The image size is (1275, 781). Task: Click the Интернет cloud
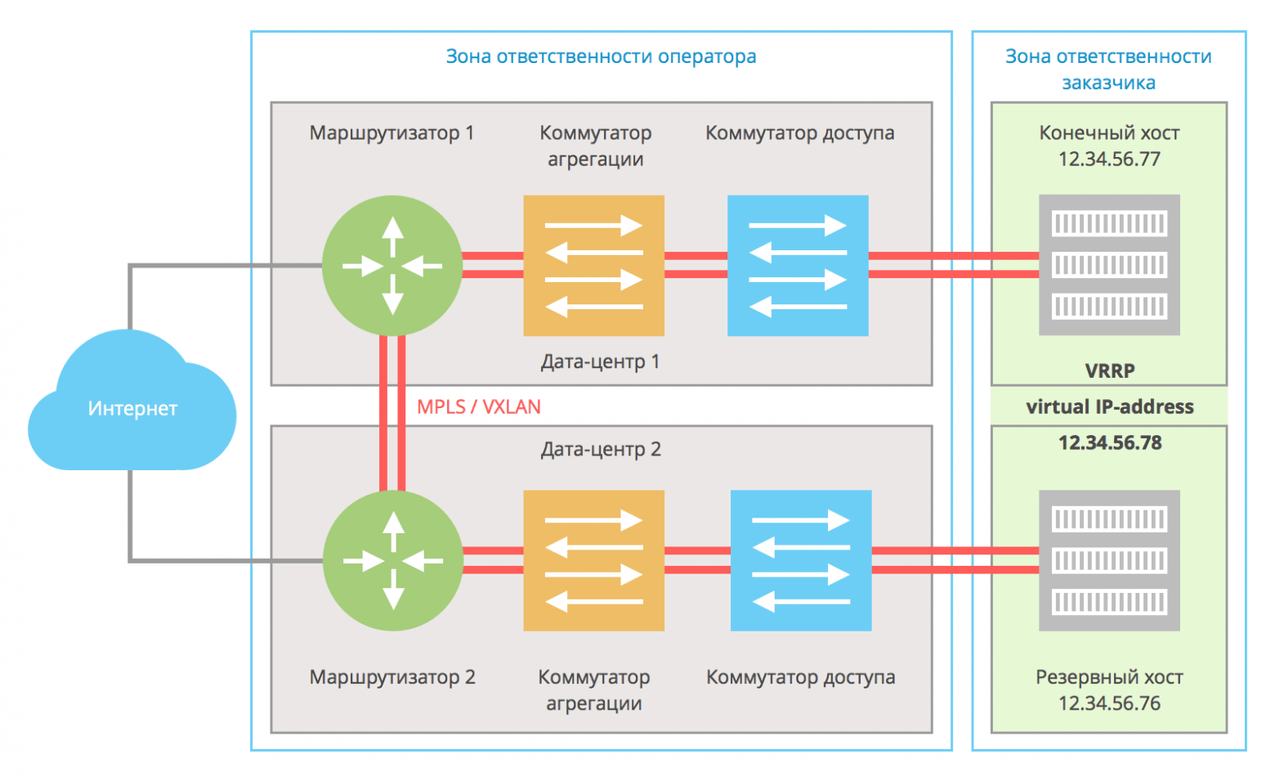click(132, 409)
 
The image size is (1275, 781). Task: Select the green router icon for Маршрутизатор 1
click(392, 266)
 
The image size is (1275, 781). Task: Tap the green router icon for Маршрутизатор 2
click(393, 561)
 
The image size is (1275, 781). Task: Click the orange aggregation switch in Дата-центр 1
click(593, 266)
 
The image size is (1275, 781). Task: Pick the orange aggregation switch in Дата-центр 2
click(593, 561)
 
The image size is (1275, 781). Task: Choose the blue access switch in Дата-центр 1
click(798, 266)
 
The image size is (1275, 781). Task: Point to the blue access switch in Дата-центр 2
click(801, 561)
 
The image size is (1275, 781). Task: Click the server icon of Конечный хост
click(1109, 265)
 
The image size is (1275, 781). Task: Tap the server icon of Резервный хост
click(1109, 561)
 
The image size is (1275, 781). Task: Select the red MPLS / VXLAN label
click(479, 406)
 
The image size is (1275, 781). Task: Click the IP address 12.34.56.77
click(1109, 159)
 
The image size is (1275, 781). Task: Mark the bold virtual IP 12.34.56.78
click(1109, 443)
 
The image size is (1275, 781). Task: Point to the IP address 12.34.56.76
click(1109, 703)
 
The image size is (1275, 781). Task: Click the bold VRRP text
click(1109, 370)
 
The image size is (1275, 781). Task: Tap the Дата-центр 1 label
click(600, 361)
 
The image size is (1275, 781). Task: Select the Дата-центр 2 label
click(601, 449)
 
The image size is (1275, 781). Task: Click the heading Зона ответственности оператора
click(601, 56)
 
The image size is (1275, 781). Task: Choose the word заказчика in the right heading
click(1108, 83)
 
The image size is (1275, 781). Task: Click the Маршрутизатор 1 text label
click(391, 132)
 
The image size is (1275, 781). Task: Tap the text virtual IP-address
click(1109, 406)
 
